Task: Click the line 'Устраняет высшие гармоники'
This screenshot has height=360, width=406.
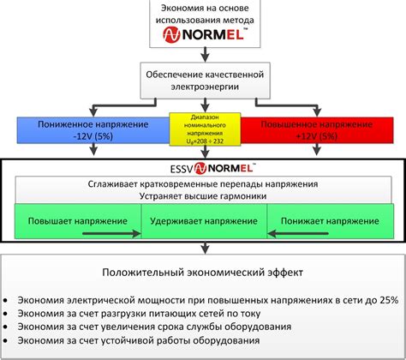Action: click(202, 196)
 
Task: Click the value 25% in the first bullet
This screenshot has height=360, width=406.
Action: click(388, 300)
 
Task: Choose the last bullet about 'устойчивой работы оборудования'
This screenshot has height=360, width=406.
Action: click(154, 341)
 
